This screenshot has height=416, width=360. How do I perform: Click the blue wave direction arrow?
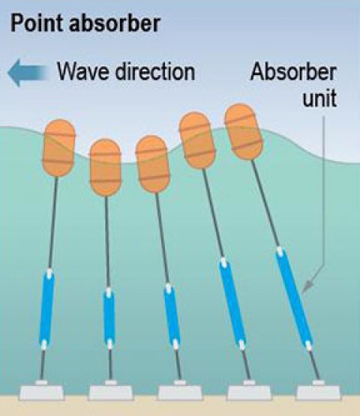pos(28,73)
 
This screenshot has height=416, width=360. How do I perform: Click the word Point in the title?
pos(36,23)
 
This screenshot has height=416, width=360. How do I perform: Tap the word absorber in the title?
pos(115,23)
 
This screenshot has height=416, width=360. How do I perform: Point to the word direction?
pos(155,72)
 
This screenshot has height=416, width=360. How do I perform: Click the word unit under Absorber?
pos(320,98)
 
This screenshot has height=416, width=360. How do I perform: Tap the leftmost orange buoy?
pos(59,148)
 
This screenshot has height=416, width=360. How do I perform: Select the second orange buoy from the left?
pos(106,167)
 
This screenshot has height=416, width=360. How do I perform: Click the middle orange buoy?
pos(152,163)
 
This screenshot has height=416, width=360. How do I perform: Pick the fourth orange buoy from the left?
pos(197,140)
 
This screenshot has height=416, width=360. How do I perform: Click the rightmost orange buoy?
pos(244,132)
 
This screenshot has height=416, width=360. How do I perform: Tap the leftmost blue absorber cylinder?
pos(46,309)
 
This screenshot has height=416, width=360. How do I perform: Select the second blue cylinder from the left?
pos(109,319)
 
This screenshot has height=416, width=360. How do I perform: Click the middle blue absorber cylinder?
pos(172,316)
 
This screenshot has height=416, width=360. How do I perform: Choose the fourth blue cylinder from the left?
pos(232,304)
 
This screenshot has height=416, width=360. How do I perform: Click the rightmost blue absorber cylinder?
pos(294,298)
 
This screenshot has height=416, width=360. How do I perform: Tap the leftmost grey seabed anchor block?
pos(41,391)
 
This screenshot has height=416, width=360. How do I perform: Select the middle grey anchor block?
pos(180,391)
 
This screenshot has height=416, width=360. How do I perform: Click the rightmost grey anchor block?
pos(319,391)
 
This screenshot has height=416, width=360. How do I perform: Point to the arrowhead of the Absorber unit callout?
pos(308,286)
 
